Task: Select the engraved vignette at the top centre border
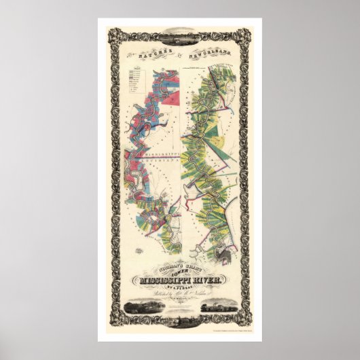[x=180, y=31]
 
